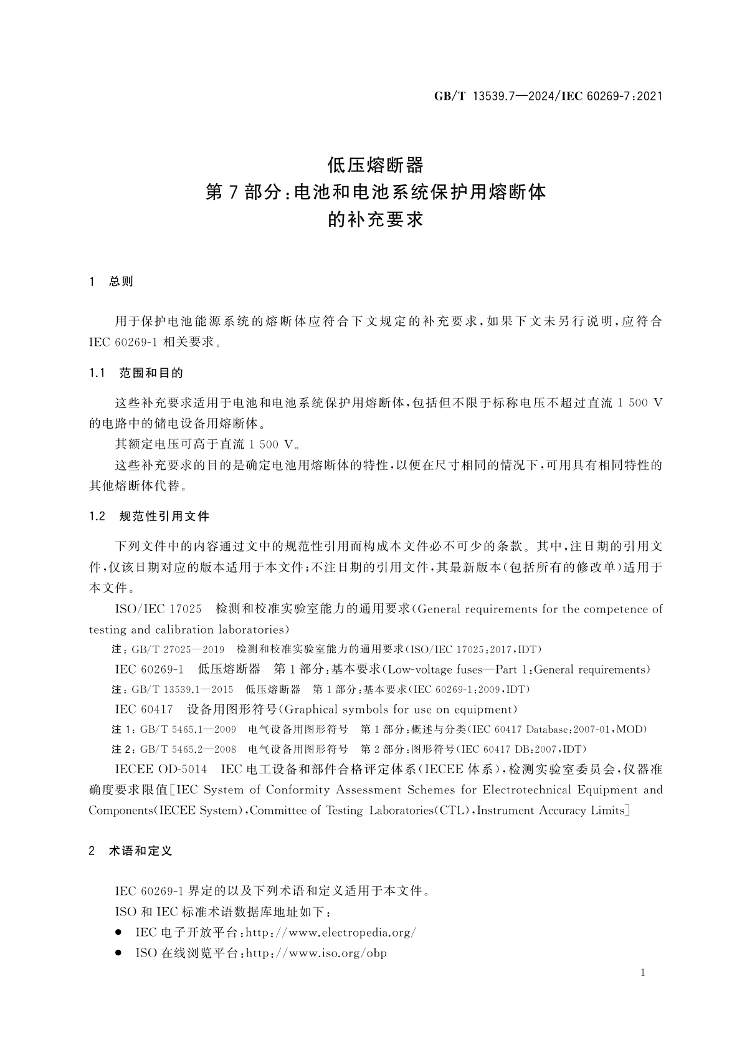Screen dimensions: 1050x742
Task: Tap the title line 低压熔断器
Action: click(x=375, y=165)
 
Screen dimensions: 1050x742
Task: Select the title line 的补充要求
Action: click(x=375, y=219)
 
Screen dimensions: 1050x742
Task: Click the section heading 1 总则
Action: click(x=112, y=282)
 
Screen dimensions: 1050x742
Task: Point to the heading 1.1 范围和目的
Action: click(x=136, y=373)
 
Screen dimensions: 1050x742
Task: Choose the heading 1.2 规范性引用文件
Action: click(x=149, y=516)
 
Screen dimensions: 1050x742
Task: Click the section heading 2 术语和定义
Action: click(x=130, y=851)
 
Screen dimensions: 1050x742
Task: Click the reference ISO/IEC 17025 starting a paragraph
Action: click(x=158, y=609)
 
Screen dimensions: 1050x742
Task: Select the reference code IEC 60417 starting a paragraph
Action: click(x=144, y=709)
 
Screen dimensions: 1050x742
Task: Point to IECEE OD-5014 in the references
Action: click(x=161, y=770)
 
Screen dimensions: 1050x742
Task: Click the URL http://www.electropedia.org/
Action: click(x=331, y=933)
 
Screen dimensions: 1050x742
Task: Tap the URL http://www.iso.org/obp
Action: click(x=316, y=953)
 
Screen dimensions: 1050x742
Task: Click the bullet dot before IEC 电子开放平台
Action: click(x=118, y=933)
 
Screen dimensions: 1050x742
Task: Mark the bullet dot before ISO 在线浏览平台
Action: click(x=118, y=953)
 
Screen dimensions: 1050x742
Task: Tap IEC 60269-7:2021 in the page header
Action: click(x=612, y=96)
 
